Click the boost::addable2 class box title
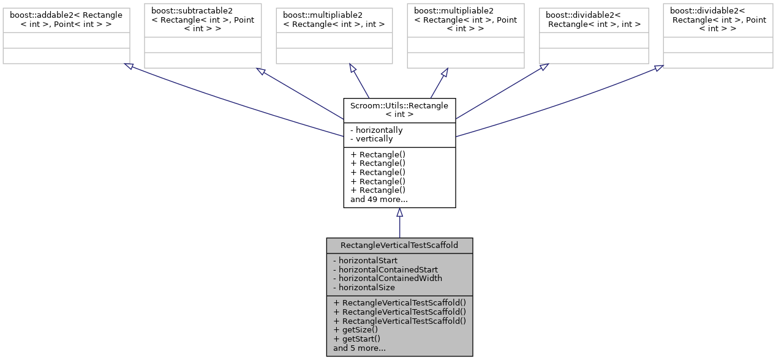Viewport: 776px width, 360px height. point(66,19)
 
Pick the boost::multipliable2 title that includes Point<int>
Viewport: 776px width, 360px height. point(465,20)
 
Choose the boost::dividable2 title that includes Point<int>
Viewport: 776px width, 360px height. point(718,20)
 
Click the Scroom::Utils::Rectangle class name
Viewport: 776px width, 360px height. point(399,110)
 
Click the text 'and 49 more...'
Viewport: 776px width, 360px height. point(379,199)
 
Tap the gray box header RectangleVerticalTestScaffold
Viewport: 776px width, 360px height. point(399,245)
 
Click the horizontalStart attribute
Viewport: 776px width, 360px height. point(365,260)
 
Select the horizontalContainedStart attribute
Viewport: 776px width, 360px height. point(385,269)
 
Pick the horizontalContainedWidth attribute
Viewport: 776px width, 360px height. point(387,278)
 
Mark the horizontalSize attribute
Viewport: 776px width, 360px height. point(364,287)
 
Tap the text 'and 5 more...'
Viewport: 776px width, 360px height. point(359,348)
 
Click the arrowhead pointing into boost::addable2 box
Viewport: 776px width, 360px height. point(129,66)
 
